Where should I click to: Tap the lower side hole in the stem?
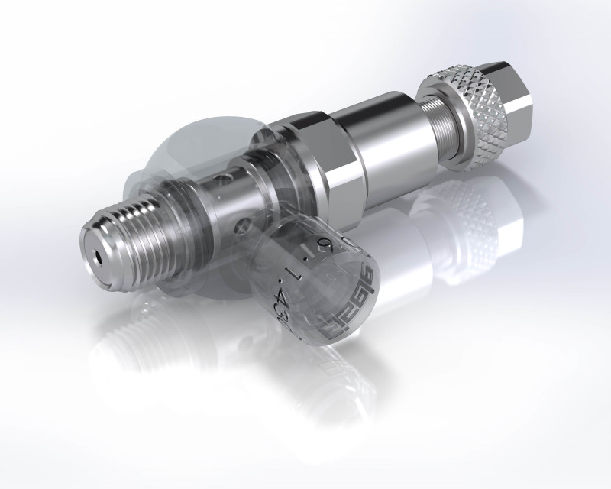click(x=243, y=225)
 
